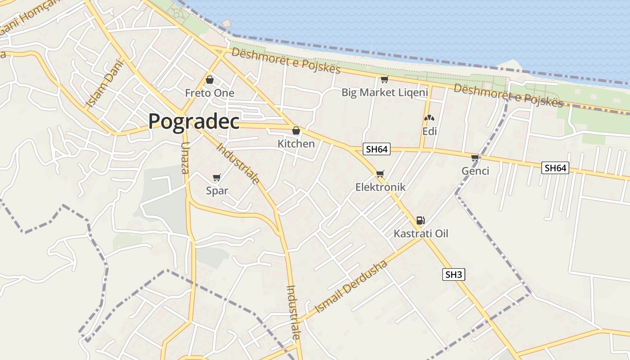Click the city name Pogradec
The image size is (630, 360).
193,121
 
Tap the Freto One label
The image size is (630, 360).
210,93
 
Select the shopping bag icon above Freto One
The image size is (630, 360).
209,80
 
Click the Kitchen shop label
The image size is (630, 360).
296,144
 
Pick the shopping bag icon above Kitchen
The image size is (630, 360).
296,131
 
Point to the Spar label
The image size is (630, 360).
217,190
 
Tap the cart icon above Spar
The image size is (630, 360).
216,178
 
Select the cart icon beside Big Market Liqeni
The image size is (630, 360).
384,80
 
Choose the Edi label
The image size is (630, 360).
429,131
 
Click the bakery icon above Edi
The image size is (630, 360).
429,118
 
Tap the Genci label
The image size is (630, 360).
475,171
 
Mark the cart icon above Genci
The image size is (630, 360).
475,158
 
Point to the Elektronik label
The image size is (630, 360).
380,187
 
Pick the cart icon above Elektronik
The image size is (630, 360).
380,174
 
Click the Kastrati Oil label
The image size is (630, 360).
421,234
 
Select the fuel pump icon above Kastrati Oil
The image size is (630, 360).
420,220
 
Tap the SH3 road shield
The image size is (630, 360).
453,274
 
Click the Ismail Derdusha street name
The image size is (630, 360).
351,287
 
